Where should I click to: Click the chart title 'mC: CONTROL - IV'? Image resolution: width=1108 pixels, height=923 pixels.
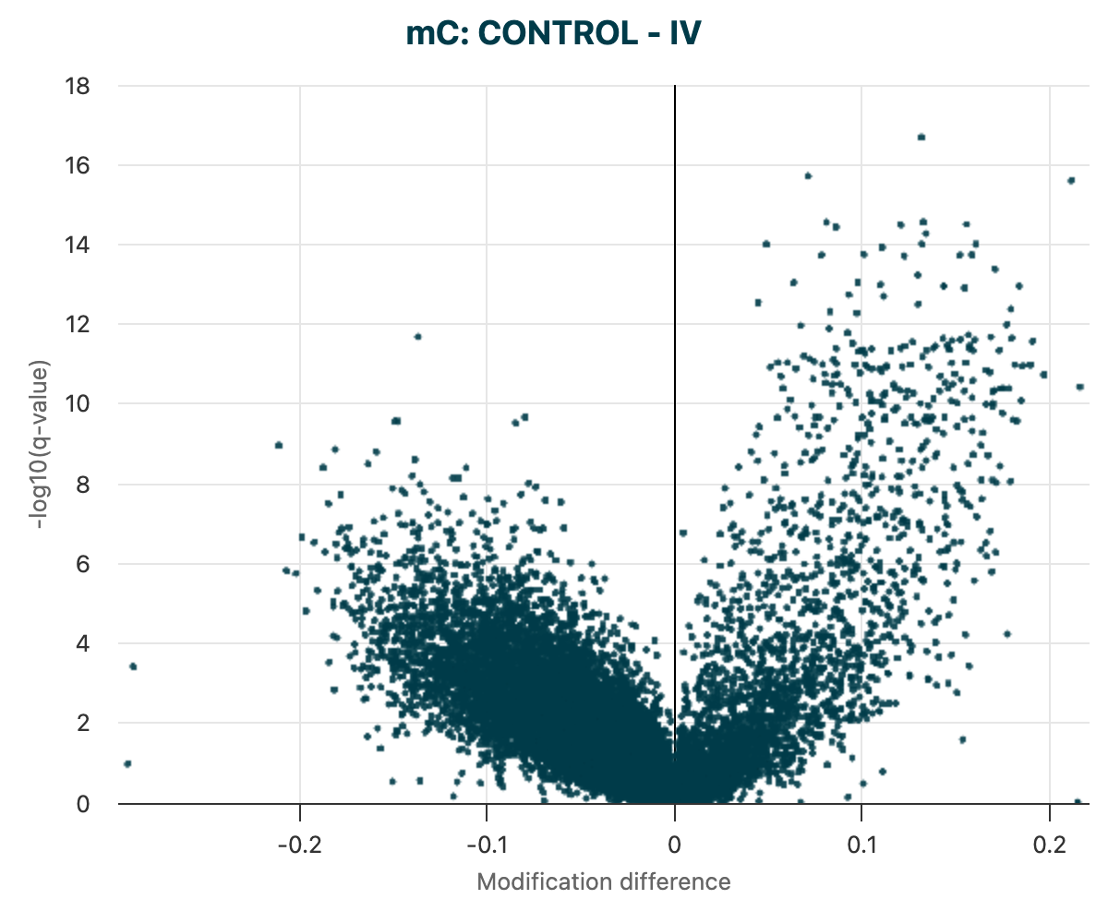click(x=553, y=34)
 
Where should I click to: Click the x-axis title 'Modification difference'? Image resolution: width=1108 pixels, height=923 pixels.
click(x=603, y=881)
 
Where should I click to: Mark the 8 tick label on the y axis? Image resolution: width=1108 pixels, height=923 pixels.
click(x=82, y=485)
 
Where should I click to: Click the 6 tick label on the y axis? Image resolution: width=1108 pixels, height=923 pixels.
click(x=82, y=564)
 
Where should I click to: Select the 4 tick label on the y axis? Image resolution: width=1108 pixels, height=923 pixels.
click(x=82, y=643)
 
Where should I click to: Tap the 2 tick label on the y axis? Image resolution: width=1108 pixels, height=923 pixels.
click(x=82, y=724)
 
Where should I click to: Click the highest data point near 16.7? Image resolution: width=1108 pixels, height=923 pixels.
click(x=921, y=137)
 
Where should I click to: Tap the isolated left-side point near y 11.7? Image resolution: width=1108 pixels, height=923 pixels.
click(x=417, y=336)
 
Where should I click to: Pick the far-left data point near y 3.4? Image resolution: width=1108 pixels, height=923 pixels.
click(x=133, y=665)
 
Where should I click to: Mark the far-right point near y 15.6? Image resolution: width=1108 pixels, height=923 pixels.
click(x=1071, y=180)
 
